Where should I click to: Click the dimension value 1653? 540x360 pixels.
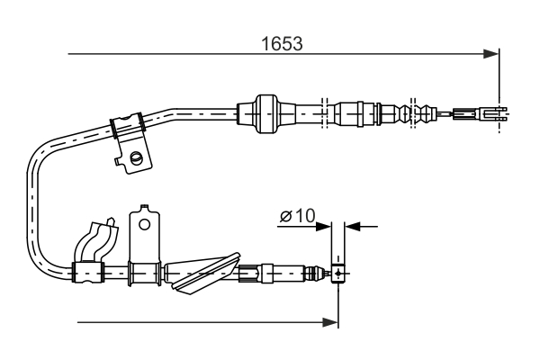coord(282,42)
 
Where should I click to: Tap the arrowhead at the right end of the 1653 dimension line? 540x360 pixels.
coord(492,54)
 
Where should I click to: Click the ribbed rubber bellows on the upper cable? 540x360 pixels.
coord(419,113)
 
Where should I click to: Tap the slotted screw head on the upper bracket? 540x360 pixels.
coord(137,158)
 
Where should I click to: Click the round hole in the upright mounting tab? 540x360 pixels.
coord(144,220)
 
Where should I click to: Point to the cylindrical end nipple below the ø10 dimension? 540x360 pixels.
coord(337,273)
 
